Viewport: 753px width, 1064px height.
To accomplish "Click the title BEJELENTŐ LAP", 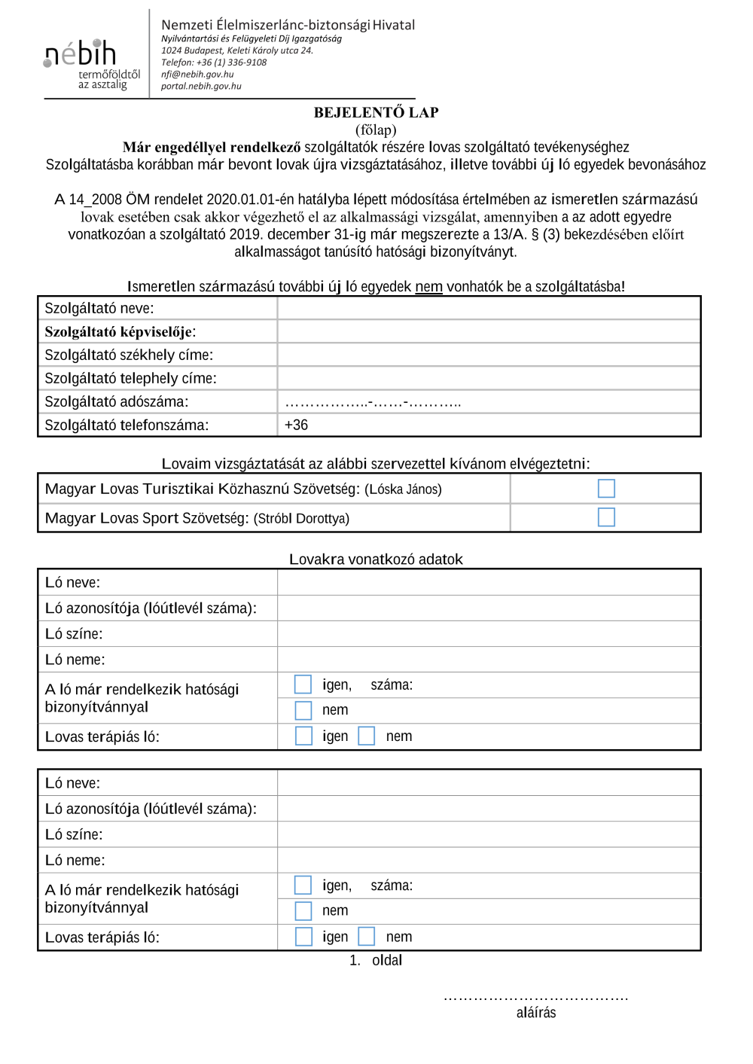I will point(376,112).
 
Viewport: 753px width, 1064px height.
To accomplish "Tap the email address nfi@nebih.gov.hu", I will point(197,75).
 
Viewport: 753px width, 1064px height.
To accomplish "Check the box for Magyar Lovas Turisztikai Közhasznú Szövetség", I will point(606,489).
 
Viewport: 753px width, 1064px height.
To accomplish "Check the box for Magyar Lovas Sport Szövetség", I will point(606,517).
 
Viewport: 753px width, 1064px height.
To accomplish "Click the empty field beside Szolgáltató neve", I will point(489,308).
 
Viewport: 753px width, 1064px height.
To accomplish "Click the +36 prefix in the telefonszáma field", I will point(296,425).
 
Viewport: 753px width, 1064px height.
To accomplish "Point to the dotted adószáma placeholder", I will point(373,402).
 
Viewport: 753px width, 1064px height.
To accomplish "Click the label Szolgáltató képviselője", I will point(120,332).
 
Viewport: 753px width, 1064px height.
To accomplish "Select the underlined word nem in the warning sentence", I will point(428,287).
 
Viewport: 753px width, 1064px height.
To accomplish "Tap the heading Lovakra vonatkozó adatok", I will point(376,559).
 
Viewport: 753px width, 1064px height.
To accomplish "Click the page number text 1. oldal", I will point(376,960).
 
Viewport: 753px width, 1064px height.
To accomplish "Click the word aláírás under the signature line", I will point(536,1013).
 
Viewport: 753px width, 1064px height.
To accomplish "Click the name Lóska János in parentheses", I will point(403,489).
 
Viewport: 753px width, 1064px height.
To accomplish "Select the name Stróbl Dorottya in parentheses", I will point(301,519).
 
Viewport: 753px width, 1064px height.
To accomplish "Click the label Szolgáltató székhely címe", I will point(129,355).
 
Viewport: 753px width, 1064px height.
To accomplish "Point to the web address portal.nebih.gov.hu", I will point(201,87).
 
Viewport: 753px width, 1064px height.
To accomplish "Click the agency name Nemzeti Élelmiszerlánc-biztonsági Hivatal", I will point(288,25).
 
